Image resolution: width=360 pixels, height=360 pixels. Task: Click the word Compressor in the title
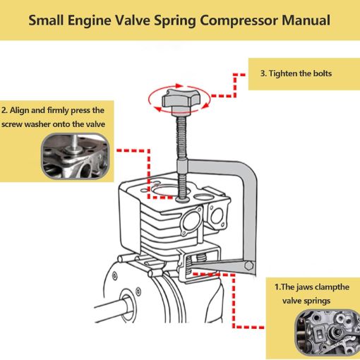239,20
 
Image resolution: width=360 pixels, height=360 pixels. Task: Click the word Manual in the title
306,20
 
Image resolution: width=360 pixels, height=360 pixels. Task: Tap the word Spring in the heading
174,21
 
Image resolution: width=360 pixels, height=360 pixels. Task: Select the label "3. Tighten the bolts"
296,73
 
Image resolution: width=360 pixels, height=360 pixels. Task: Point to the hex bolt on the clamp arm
249,266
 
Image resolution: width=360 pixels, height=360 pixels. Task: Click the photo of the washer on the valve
76,156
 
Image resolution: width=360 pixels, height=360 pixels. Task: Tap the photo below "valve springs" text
328,332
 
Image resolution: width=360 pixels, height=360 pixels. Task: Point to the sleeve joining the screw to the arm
182,167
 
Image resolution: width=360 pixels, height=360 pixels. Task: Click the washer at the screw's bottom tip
182,199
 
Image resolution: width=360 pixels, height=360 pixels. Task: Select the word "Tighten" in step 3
283,73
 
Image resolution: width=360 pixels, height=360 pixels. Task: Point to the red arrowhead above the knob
180,86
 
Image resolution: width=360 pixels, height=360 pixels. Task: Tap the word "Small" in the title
46,20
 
